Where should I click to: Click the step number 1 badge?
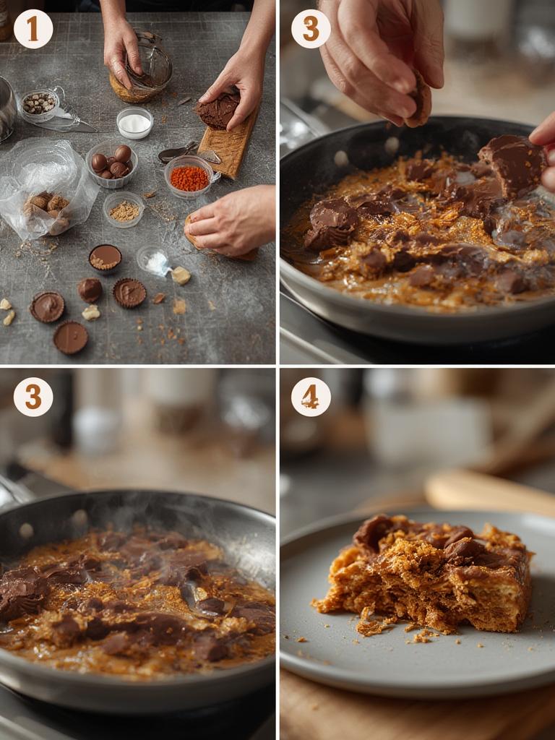[33, 29]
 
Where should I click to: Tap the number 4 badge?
[311, 397]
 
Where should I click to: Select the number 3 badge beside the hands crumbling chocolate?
[311, 29]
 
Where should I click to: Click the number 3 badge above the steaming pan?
[33, 397]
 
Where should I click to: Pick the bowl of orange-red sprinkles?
[189, 177]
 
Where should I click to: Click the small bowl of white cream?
[134, 123]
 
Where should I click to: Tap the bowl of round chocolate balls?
[111, 164]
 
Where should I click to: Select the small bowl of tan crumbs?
[124, 210]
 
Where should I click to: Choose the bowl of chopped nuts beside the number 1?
[39, 103]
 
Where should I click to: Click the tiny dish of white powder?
[153, 260]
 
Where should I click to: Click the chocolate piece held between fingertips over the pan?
[418, 98]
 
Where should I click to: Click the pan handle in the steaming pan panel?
[14, 491]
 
